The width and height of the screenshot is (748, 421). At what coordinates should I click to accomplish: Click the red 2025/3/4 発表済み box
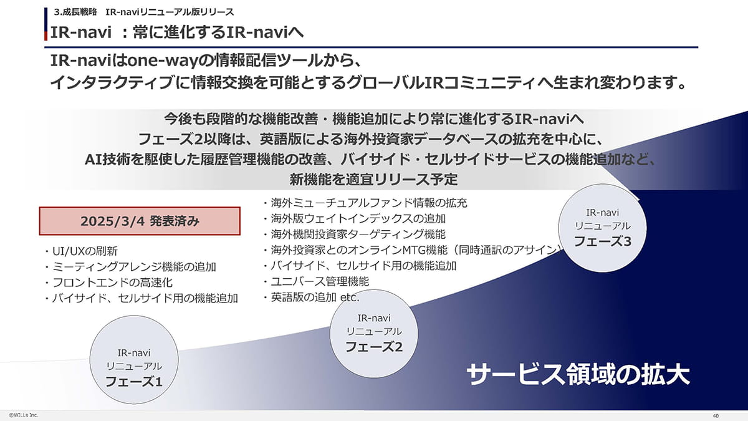tap(140, 221)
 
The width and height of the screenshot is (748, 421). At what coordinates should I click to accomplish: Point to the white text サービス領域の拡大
tap(578, 375)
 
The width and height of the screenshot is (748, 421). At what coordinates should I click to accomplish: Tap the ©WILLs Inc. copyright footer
tap(23, 414)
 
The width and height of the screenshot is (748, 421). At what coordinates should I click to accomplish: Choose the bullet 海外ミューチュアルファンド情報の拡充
tap(368, 203)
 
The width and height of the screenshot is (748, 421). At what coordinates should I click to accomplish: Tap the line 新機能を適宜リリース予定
tap(374, 180)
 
